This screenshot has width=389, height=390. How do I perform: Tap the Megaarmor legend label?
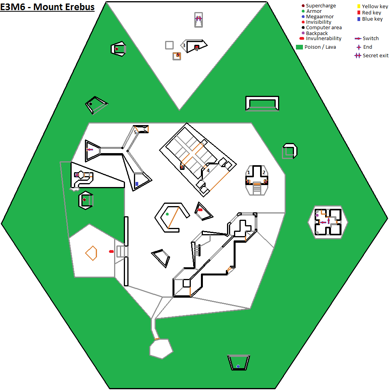click(319, 17)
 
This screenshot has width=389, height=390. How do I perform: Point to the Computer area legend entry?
click(324, 28)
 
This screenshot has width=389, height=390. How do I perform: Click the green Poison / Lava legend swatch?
click(299, 47)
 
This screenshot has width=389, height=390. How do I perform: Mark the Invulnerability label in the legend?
click(323, 39)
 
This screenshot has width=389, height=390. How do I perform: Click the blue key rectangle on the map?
click(137, 184)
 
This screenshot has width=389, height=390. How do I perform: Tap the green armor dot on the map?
click(167, 214)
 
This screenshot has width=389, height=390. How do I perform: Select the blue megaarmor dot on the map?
click(238, 366)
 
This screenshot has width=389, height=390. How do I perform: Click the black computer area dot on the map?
click(90, 104)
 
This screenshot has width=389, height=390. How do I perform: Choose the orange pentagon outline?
click(91, 253)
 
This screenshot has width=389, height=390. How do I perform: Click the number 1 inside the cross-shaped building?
click(248, 172)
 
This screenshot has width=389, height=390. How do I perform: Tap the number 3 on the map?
click(184, 46)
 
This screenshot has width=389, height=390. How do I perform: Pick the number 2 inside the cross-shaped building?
click(264, 172)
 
